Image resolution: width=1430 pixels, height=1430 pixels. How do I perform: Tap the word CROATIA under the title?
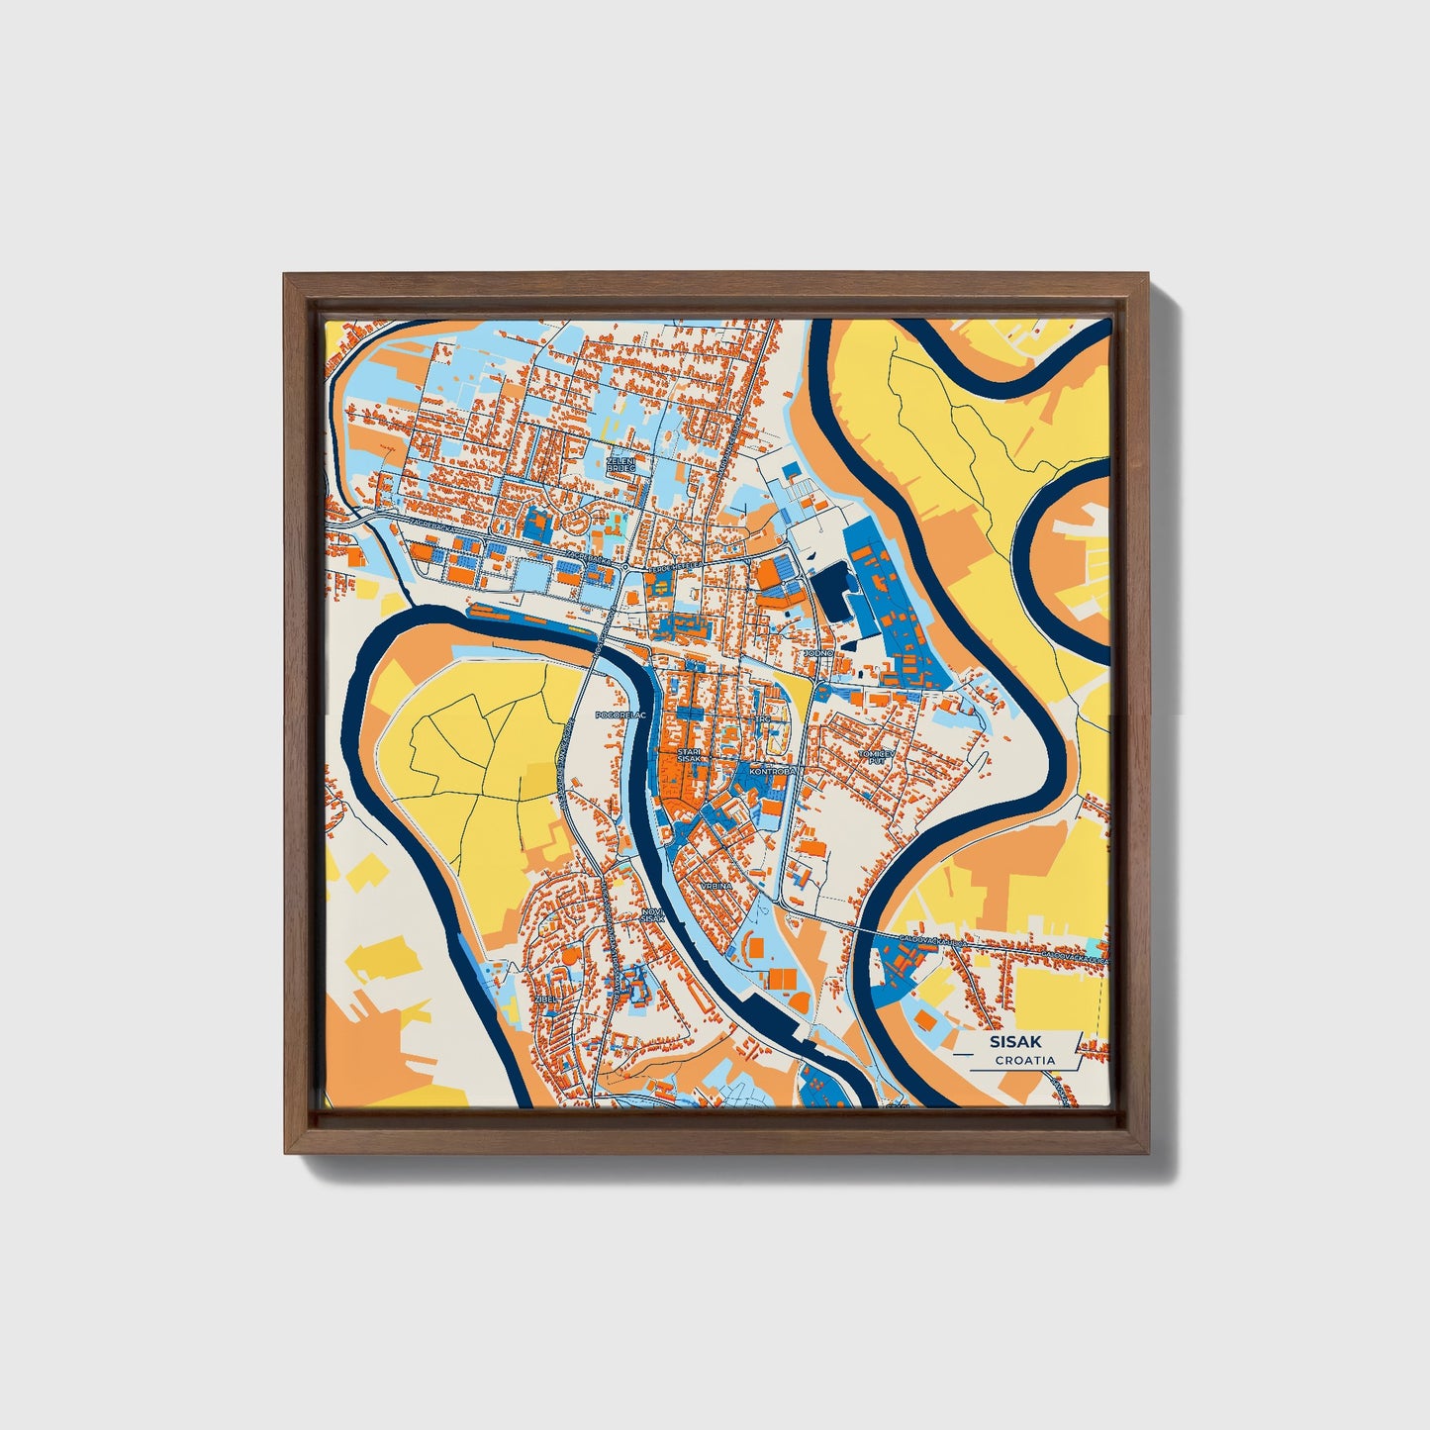(x=1025, y=1060)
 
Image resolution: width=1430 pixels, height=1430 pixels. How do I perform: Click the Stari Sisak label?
(x=689, y=756)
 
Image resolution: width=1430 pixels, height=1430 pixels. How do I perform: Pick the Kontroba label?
(x=771, y=770)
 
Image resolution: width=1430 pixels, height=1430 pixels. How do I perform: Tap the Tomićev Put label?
(x=876, y=757)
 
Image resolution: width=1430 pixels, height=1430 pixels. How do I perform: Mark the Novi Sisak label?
(x=652, y=915)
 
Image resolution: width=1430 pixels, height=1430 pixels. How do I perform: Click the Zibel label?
(x=546, y=1000)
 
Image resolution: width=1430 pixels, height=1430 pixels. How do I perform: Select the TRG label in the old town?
(x=763, y=719)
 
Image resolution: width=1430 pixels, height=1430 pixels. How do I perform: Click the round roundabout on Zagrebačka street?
(x=626, y=566)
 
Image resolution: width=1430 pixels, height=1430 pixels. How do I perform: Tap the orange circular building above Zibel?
(x=573, y=955)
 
